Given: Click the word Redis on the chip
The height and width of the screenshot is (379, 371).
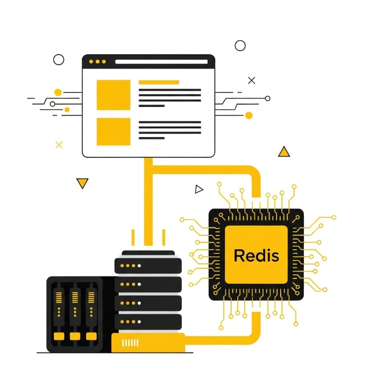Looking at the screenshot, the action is pyautogui.click(x=256, y=255).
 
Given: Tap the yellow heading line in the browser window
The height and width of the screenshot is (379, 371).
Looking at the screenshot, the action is pyautogui.click(x=159, y=82).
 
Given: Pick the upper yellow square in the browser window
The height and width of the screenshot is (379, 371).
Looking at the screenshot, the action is pyautogui.click(x=114, y=95).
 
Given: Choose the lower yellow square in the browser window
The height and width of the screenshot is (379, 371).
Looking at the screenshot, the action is pyautogui.click(x=114, y=132).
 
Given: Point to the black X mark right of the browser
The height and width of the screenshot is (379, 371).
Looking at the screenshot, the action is pyautogui.click(x=251, y=80).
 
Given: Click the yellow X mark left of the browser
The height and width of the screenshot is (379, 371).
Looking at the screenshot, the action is pyautogui.click(x=59, y=145).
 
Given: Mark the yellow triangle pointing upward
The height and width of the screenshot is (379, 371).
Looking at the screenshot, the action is pyautogui.click(x=284, y=152).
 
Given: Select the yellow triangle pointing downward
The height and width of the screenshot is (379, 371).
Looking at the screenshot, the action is pyautogui.click(x=82, y=183).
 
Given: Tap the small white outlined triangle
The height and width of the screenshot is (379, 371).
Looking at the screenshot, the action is pyautogui.click(x=199, y=189).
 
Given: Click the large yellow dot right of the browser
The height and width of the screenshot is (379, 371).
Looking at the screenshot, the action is pyautogui.click(x=248, y=115).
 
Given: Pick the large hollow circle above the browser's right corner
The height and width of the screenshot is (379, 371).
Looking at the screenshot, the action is pyautogui.click(x=240, y=45).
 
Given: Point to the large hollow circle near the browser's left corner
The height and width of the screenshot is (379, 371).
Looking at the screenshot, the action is pyautogui.click(x=59, y=59).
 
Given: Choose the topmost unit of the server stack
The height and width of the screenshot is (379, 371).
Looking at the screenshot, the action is pyautogui.click(x=148, y=265).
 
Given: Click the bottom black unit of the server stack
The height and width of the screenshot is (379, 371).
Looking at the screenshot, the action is pyautogui.click(x=148, y=322).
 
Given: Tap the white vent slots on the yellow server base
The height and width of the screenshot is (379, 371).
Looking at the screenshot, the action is pyautogui.click(x=130, y=343).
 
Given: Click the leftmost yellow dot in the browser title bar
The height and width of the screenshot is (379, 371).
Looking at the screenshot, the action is pyautogui.click(x=91, y=61).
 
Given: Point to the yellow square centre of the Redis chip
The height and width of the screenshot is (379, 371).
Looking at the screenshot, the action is pyautogui.click(x=256, y=255).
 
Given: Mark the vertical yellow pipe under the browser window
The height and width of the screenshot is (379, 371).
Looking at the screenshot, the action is pyautogui.click(x=148, y=202).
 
